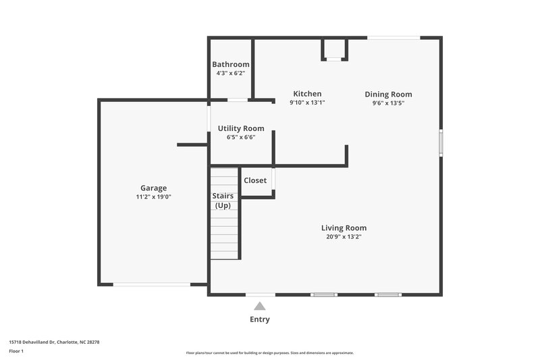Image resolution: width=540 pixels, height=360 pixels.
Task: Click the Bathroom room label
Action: click(230, 64)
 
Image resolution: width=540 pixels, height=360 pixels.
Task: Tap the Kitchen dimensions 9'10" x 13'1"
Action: click(307, 103)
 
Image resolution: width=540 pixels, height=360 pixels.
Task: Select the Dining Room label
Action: click(388, 95)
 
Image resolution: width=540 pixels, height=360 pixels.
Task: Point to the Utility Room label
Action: click(241, 128)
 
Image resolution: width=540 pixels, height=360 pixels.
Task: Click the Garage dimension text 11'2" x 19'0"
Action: click(153, 197)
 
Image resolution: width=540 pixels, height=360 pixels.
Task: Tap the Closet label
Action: click(255, 180)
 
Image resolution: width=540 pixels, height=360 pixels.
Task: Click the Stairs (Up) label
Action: click(223, 200)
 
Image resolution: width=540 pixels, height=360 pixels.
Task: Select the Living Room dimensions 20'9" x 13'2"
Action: click(344, 237)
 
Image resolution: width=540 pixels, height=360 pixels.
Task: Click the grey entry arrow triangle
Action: click(260, 306)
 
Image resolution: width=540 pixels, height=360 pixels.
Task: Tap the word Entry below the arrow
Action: click(260, 319)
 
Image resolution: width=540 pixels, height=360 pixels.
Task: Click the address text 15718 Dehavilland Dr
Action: click(54, 342)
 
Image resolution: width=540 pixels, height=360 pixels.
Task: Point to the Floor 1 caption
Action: click(16, 352)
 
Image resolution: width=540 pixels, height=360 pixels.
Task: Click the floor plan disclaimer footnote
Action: click(269, 353)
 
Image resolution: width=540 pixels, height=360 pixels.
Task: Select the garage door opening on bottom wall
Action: click(151, 284)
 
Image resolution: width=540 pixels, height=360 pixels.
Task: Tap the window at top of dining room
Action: click(394, 38)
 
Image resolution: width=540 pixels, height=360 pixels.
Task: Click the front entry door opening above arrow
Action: click(260, 294)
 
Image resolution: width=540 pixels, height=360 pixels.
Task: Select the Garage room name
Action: click(153, 188)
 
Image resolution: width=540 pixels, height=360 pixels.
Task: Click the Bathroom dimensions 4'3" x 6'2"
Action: click(230, 73)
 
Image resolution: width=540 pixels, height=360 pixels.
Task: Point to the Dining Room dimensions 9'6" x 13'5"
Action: click(388, 103)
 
